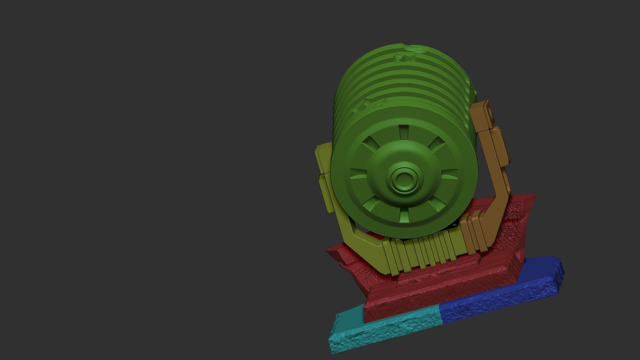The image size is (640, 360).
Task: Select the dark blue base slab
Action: tap(500, 293)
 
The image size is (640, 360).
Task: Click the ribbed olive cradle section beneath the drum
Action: tap(420, 253)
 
